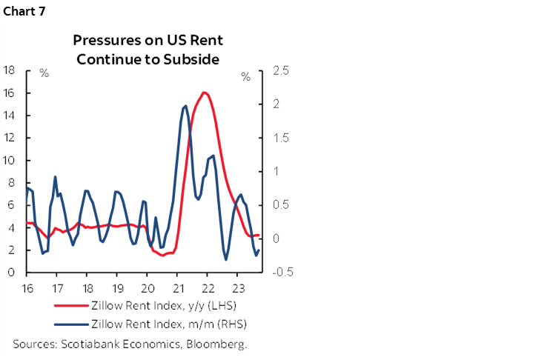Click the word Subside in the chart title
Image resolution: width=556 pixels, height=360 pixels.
[193, 59]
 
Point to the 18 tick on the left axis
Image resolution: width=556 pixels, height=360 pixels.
[10, 70]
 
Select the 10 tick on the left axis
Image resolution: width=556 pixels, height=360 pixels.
[10, 160]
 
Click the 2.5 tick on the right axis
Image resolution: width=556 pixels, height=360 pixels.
[281, 70]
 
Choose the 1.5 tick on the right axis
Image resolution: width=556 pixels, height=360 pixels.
[281, 138]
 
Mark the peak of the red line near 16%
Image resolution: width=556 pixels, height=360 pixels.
[204, 93]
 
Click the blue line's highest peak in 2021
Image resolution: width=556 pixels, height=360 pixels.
[184, 106]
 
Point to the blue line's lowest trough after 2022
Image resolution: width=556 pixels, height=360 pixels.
[226, 259]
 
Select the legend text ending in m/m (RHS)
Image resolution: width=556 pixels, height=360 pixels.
[168, 324]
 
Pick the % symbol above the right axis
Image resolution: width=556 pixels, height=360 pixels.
[245, 76]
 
